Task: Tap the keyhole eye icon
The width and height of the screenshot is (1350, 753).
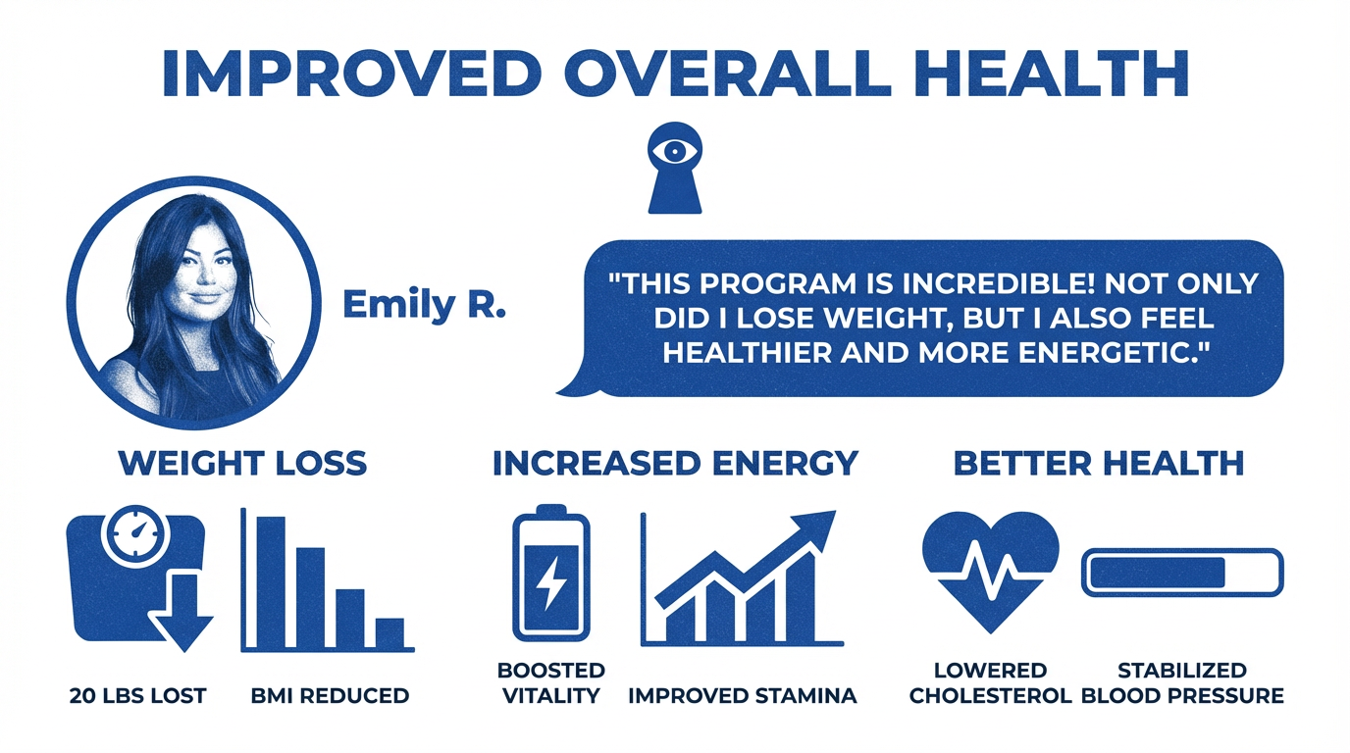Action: pyautogui.click(x=676, y=168)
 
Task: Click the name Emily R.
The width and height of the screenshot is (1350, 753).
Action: pyautogui.click(x=424, y=306)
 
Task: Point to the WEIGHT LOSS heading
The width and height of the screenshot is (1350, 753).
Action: pyautogui.click(x=242, y=462)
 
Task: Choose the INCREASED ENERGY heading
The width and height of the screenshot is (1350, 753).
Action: pyautogui.click(x=675, y=462)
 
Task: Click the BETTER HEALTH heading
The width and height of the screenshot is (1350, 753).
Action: pyautogui.click(x=1099, y=462)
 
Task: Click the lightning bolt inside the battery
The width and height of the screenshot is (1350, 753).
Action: pyautogui.click(x=551, y=583)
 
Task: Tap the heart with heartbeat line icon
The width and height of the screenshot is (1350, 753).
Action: pyautogui.click(x=990, y=570)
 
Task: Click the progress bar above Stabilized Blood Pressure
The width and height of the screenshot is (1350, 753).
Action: pyautogui.click(x=1181, y=572)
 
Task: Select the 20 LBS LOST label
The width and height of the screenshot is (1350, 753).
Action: pyautogui.click(x=138, y=696)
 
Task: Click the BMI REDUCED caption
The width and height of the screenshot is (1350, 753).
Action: pyautogui.click(x=330, y=696)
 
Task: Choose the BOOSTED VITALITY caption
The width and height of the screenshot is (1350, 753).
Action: pyautogui.click(x=551, y=683)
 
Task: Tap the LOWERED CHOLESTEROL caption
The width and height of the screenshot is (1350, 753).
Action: pyautogui.click(x=990, y=683)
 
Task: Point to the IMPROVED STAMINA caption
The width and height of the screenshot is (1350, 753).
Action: pyautogui.click(x=742, y=696)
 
